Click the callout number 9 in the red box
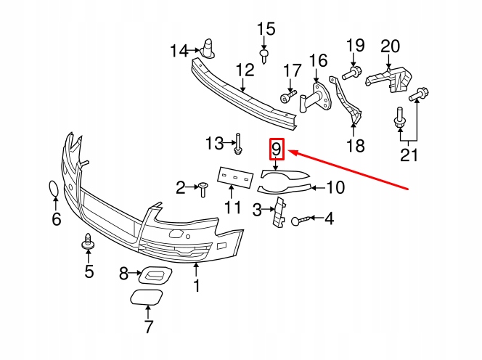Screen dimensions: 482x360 277,149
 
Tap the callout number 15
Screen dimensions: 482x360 266,29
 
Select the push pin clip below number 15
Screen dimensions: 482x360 264,57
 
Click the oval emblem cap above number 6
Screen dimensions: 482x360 54,189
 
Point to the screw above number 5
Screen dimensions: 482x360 88,241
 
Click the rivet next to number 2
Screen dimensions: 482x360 203,189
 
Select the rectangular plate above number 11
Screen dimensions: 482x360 235,177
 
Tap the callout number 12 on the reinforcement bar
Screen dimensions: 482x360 245,70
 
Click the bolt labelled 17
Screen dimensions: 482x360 288,96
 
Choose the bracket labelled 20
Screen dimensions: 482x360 388,78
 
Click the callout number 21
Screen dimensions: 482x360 409,155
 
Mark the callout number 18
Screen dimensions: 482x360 356,145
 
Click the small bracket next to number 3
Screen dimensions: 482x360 279,213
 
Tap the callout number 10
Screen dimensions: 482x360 335,187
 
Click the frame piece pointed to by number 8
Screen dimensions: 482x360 155,274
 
